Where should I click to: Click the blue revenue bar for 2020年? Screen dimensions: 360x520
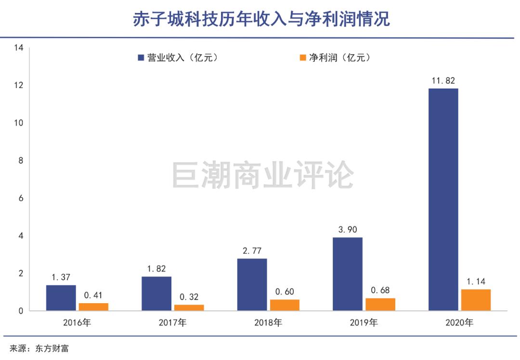(443, 199)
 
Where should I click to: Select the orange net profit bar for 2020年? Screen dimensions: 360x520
(476, 300)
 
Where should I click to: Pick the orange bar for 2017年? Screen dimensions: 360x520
(189, 308)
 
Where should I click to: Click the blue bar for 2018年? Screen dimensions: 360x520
(252, 284)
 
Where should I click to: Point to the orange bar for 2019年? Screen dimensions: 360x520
(380, 304)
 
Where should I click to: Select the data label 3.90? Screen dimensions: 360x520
(347, 230)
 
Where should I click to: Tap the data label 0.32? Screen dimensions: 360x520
(189, 297)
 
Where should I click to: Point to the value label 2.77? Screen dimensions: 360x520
(252, 251)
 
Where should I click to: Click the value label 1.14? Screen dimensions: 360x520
(476, 282)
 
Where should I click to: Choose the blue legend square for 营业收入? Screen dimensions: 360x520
(141, 58)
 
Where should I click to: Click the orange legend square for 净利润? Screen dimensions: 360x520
(303, 58)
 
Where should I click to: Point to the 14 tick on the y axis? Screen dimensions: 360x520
(19, 48)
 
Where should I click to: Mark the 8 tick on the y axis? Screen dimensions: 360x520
(21, 161)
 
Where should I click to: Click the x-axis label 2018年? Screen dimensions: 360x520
(268, 323)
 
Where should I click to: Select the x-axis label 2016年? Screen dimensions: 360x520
(77, 323)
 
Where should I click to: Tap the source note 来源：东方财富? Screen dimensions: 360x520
(39, 348)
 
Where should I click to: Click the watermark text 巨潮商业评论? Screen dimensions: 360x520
(263, 175)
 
